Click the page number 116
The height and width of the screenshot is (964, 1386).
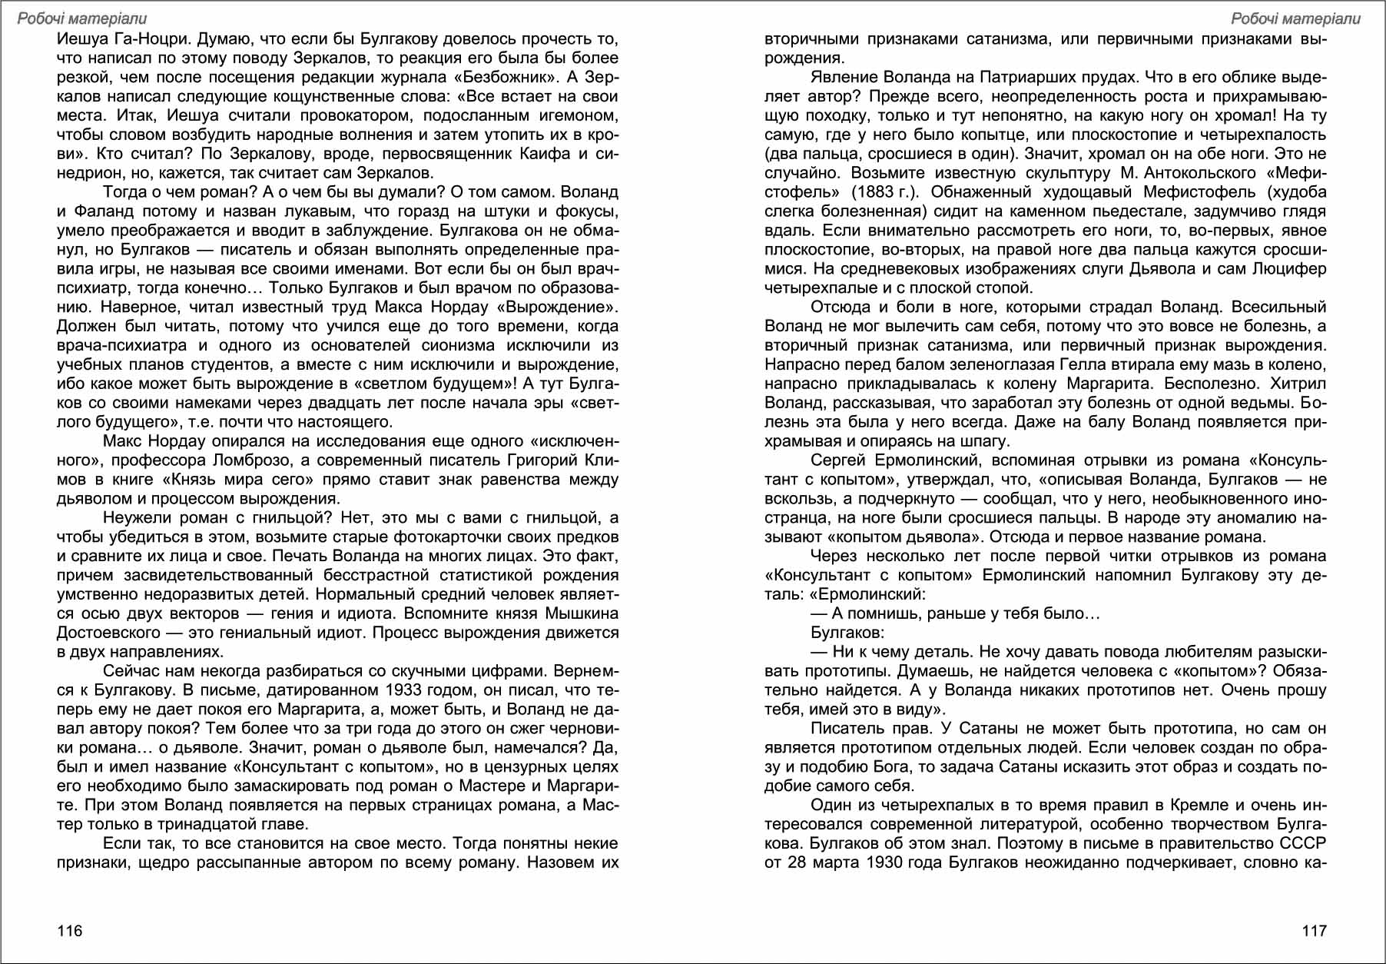[70, 931]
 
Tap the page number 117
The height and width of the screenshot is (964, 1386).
[1314, 931]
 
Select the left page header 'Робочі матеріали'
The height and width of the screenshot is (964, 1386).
[82, 18]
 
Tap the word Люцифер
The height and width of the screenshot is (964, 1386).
[1289, 269]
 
